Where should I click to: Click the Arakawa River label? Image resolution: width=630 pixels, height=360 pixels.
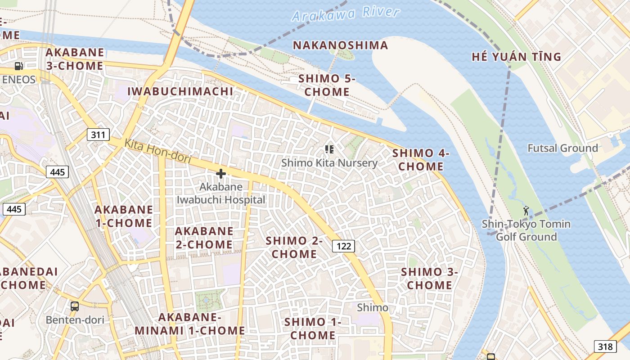(345, 14)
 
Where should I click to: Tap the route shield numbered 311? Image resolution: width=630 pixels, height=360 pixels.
(98, 135)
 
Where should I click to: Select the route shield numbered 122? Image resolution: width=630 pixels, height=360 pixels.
(344, 246)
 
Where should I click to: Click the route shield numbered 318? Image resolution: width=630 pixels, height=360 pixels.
(605, 346)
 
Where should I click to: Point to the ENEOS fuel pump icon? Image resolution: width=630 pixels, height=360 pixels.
(18, 66)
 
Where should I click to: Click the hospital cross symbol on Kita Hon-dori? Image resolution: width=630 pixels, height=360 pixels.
(221, 174)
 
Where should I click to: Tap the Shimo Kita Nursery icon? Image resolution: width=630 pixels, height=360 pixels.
(329, 149)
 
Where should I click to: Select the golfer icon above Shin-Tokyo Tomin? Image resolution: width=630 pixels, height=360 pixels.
(526, 210)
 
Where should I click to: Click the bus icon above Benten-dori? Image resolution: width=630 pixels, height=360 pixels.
(75, 306)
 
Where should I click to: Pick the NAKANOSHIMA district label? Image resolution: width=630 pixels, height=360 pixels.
(340, 45)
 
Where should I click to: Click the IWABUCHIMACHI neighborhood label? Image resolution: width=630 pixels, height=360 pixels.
(180, 91)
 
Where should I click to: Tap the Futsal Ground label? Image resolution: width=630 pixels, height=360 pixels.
(562, 148)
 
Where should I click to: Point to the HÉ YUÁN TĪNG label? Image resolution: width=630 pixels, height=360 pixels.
(516, 57)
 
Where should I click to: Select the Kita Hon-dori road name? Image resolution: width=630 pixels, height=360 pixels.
(157, 151)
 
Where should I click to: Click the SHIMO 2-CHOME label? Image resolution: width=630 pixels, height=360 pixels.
(294, 247)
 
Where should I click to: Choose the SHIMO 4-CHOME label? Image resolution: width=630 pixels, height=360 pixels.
(421, 159)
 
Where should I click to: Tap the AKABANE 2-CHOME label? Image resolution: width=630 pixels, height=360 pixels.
(204, 238)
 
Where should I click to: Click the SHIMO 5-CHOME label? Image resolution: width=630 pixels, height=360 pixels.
(327, 85)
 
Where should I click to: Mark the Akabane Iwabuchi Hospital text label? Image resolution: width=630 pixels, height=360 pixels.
(221, 193)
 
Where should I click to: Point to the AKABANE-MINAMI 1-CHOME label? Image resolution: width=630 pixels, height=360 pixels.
(190, 324)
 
